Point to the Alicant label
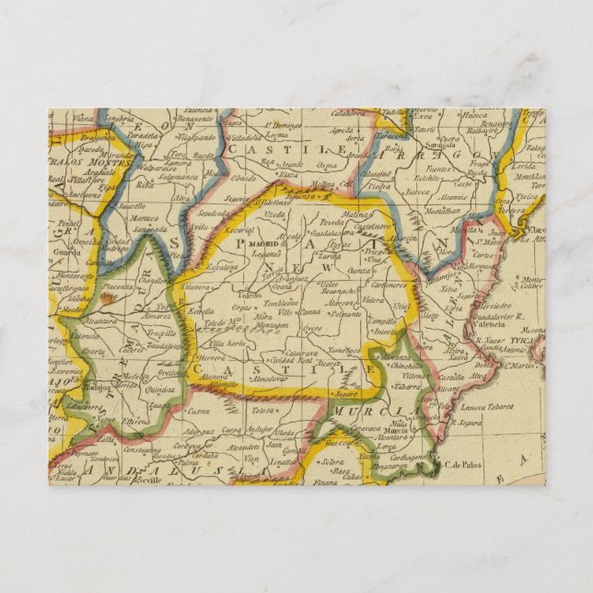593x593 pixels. point(452,390)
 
